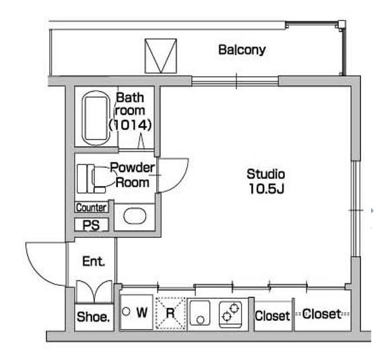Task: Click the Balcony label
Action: click(242, 50)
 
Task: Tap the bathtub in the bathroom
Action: click(96, 118)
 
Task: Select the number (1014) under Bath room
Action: click(130, 125)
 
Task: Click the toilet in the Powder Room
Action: click(91, 179)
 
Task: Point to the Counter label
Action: click(92, 207)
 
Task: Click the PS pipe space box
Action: click(92, 224)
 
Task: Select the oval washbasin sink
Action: click(135, 216)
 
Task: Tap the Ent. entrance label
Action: click(94, 262)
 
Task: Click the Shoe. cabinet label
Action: click(93, 317)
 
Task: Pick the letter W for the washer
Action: click(142, 312)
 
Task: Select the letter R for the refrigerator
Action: click(170, 313)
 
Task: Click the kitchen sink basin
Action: click(199, 313)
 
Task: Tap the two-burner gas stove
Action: click(230, 313)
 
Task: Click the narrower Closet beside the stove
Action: click(272, 316)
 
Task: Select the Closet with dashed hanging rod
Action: click(322, 314)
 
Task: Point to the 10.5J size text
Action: click(267, 189)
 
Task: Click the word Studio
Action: click(266, 174)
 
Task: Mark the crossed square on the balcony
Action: click(161, 56)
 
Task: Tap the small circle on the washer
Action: click(126, 311)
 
